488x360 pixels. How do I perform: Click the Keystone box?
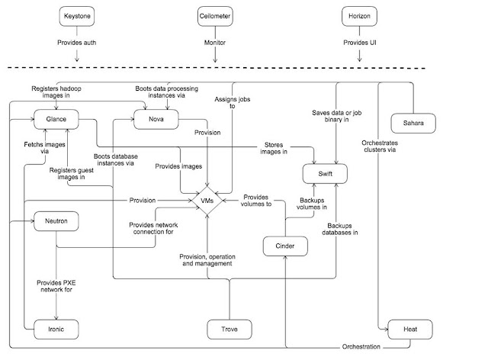click(x=77, y=16)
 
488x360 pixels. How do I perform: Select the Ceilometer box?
click(x=215, y=16)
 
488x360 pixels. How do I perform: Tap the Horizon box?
click(x=359, y=16)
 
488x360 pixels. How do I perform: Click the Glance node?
click(x=56, y=119)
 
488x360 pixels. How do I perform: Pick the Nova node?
click(x=156, y=119)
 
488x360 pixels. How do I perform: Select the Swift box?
click(x=326, y=174)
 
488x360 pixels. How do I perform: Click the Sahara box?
click(x=413, y=123)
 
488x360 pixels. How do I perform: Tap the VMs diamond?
click(x=207, y=201)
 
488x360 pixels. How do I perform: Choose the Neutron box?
click(x=56, y=221)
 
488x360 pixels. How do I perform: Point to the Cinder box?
click(x=285, y=246)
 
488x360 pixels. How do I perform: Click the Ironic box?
click(x=56, y=329)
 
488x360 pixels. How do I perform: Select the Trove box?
click(x=230, y=329)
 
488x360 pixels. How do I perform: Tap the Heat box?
click(x=410, y=329)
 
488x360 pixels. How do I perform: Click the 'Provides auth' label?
click(x=76, y=43)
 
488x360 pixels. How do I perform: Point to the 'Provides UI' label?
click(x=360, y=43)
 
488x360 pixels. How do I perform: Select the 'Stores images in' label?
click(x=274, y=148)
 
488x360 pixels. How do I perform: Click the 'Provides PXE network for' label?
click(x=56, y=286)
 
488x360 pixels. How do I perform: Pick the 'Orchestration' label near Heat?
click(x=361, y=346)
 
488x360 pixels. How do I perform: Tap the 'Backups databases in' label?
click(x=340, y=230)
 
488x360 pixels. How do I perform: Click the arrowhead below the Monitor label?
click(x=215, y=59)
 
